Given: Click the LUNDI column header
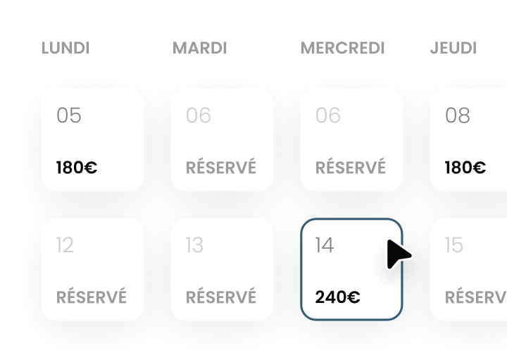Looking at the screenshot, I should coord(65,49).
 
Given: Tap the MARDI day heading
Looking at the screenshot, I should coord(200,49).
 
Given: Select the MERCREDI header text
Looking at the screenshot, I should coord(343,49).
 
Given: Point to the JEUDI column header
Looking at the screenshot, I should coord(453,49).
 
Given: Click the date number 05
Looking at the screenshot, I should coord(69,115).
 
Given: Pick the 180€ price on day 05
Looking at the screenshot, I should coord(77,168).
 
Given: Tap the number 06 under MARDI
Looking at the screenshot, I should coord(199,115).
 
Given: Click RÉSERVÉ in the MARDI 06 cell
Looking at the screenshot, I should coord(221,168).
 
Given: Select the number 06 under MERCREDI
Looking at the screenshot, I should coord(328,115).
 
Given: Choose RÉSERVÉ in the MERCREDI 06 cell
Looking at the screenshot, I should coord(351,168).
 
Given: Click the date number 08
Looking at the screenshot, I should coord(458,115).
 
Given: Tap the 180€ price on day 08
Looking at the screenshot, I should coord(465,168).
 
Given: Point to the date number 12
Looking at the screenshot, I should coord(65,244).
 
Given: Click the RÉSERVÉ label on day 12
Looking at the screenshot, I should coord(92,297).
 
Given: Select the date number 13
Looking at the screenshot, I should coord(194,244).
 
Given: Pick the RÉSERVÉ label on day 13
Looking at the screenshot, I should coord(221,297).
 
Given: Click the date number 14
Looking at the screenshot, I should coord(325,244).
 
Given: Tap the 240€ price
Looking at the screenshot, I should coord(338,297).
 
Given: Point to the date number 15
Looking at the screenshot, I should coord(454,244).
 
